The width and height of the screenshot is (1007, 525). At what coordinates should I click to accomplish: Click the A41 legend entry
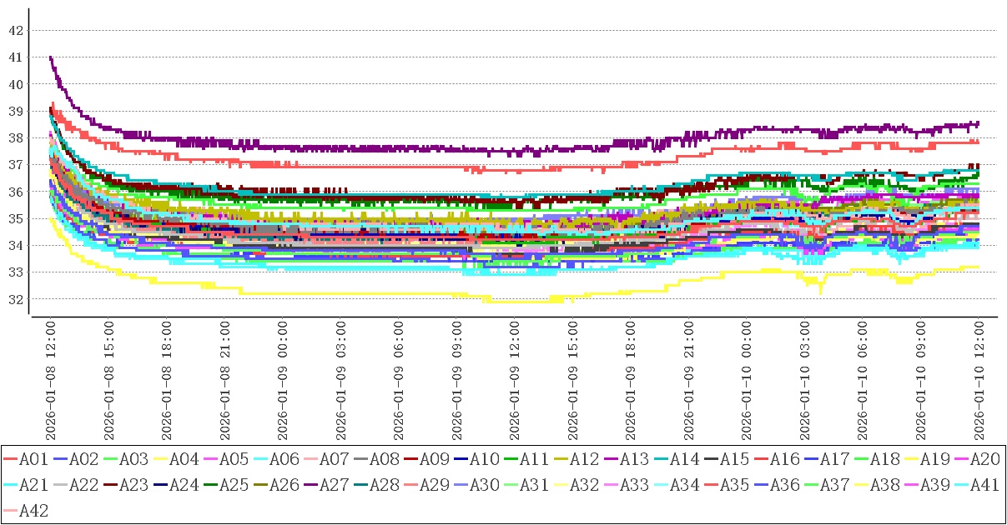click(984, 485)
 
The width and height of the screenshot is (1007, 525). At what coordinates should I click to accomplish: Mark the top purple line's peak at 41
click(51, 57)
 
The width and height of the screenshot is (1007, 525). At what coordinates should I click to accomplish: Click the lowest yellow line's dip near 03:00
click(821, 292)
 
